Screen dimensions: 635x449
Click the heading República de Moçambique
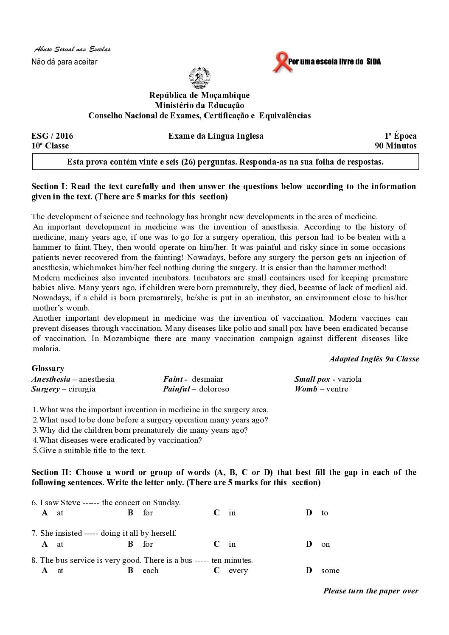pos(199,95)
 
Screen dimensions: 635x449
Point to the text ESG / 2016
pos(52,136)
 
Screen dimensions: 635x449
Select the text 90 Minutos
pos(396,146)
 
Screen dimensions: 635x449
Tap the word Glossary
pos(48,369)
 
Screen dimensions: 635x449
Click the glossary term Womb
pos(306,389)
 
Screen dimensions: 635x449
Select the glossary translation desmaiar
pos(208,379)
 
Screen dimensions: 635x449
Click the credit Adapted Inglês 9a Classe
pos(374,359)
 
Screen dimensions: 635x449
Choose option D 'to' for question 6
pos(324,513)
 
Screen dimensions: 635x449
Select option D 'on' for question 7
pos(325,544)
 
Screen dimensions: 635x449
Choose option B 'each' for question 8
pos(150,571)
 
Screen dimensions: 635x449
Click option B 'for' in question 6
pos(148,513)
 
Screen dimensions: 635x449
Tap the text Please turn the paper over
pos(370,591)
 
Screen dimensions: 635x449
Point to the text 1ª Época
pos(401,136)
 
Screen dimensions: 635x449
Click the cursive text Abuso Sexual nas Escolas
pos(72,50)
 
